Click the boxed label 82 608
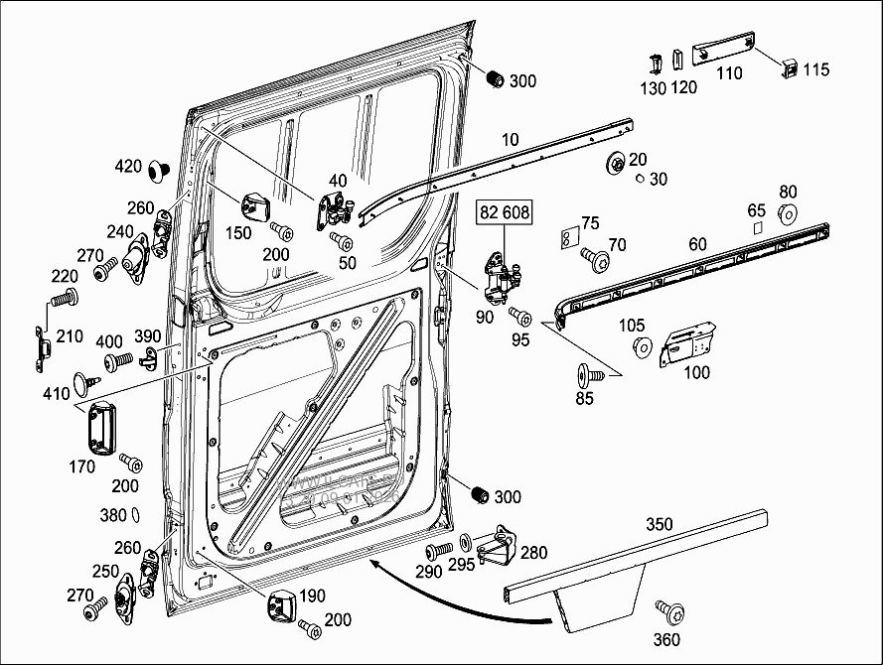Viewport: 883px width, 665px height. pos(505,212)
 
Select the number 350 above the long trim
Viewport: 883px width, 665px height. pos(659,523)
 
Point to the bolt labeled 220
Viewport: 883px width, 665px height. pos(68,296)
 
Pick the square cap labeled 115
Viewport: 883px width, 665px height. pos(789,67)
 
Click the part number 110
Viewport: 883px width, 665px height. pos(729,73)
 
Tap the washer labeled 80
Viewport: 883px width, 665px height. pos(789,211)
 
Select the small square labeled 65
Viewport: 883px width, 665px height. pos(757,227)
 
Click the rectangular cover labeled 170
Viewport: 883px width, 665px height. pos(101,428)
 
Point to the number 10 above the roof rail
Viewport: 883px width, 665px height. pos(511,139)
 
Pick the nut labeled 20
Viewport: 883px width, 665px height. pos(616,162)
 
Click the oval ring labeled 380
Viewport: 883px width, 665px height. pos(136,515)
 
